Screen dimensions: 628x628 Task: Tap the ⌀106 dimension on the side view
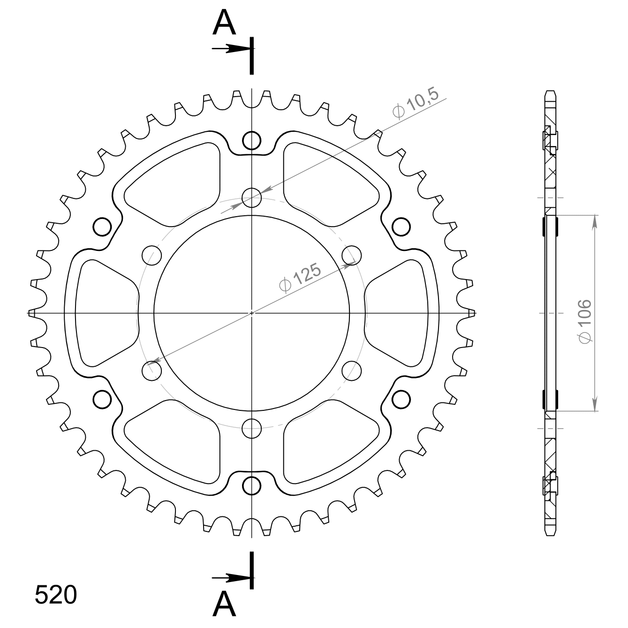pos(585,321)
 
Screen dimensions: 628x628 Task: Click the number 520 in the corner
pos(56,595)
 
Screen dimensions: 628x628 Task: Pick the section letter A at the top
pos(224,23)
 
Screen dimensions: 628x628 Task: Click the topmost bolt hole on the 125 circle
pos(251,197)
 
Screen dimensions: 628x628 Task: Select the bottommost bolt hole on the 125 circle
pos(251,428)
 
